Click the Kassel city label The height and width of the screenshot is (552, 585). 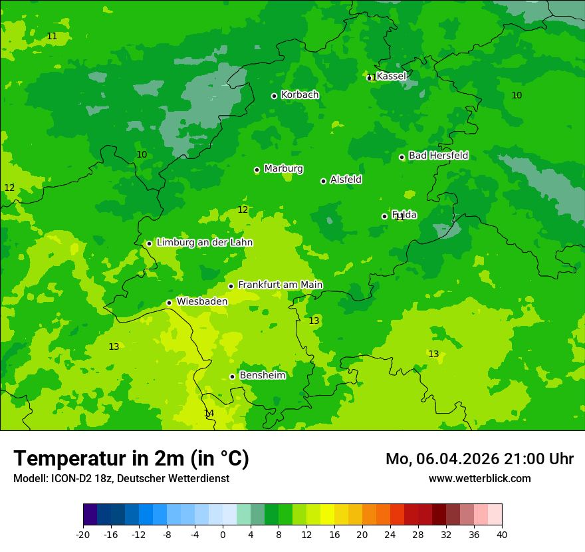(391, 76)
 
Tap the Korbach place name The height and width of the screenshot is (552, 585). (300, 95)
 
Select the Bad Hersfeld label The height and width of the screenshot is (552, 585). (438, 156)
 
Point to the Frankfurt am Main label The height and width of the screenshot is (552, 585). (280, 285)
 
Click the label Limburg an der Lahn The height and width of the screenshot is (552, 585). (204, 243)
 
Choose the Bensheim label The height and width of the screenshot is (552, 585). (262, 375)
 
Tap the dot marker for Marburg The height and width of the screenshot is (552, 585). (257, 170)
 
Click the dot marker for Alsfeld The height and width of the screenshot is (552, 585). (323, 181)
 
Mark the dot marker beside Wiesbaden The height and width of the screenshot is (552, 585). (169, 303)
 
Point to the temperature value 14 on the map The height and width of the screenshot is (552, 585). (209, 414)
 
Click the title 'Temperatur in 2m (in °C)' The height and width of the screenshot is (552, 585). (131, 459)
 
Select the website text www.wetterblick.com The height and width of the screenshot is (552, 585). (479, 479)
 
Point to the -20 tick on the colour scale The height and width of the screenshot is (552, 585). (83, 534)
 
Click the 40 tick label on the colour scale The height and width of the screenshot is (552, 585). (501, 534)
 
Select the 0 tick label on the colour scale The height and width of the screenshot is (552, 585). (223, 534)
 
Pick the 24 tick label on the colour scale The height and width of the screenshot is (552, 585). (390, 534)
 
